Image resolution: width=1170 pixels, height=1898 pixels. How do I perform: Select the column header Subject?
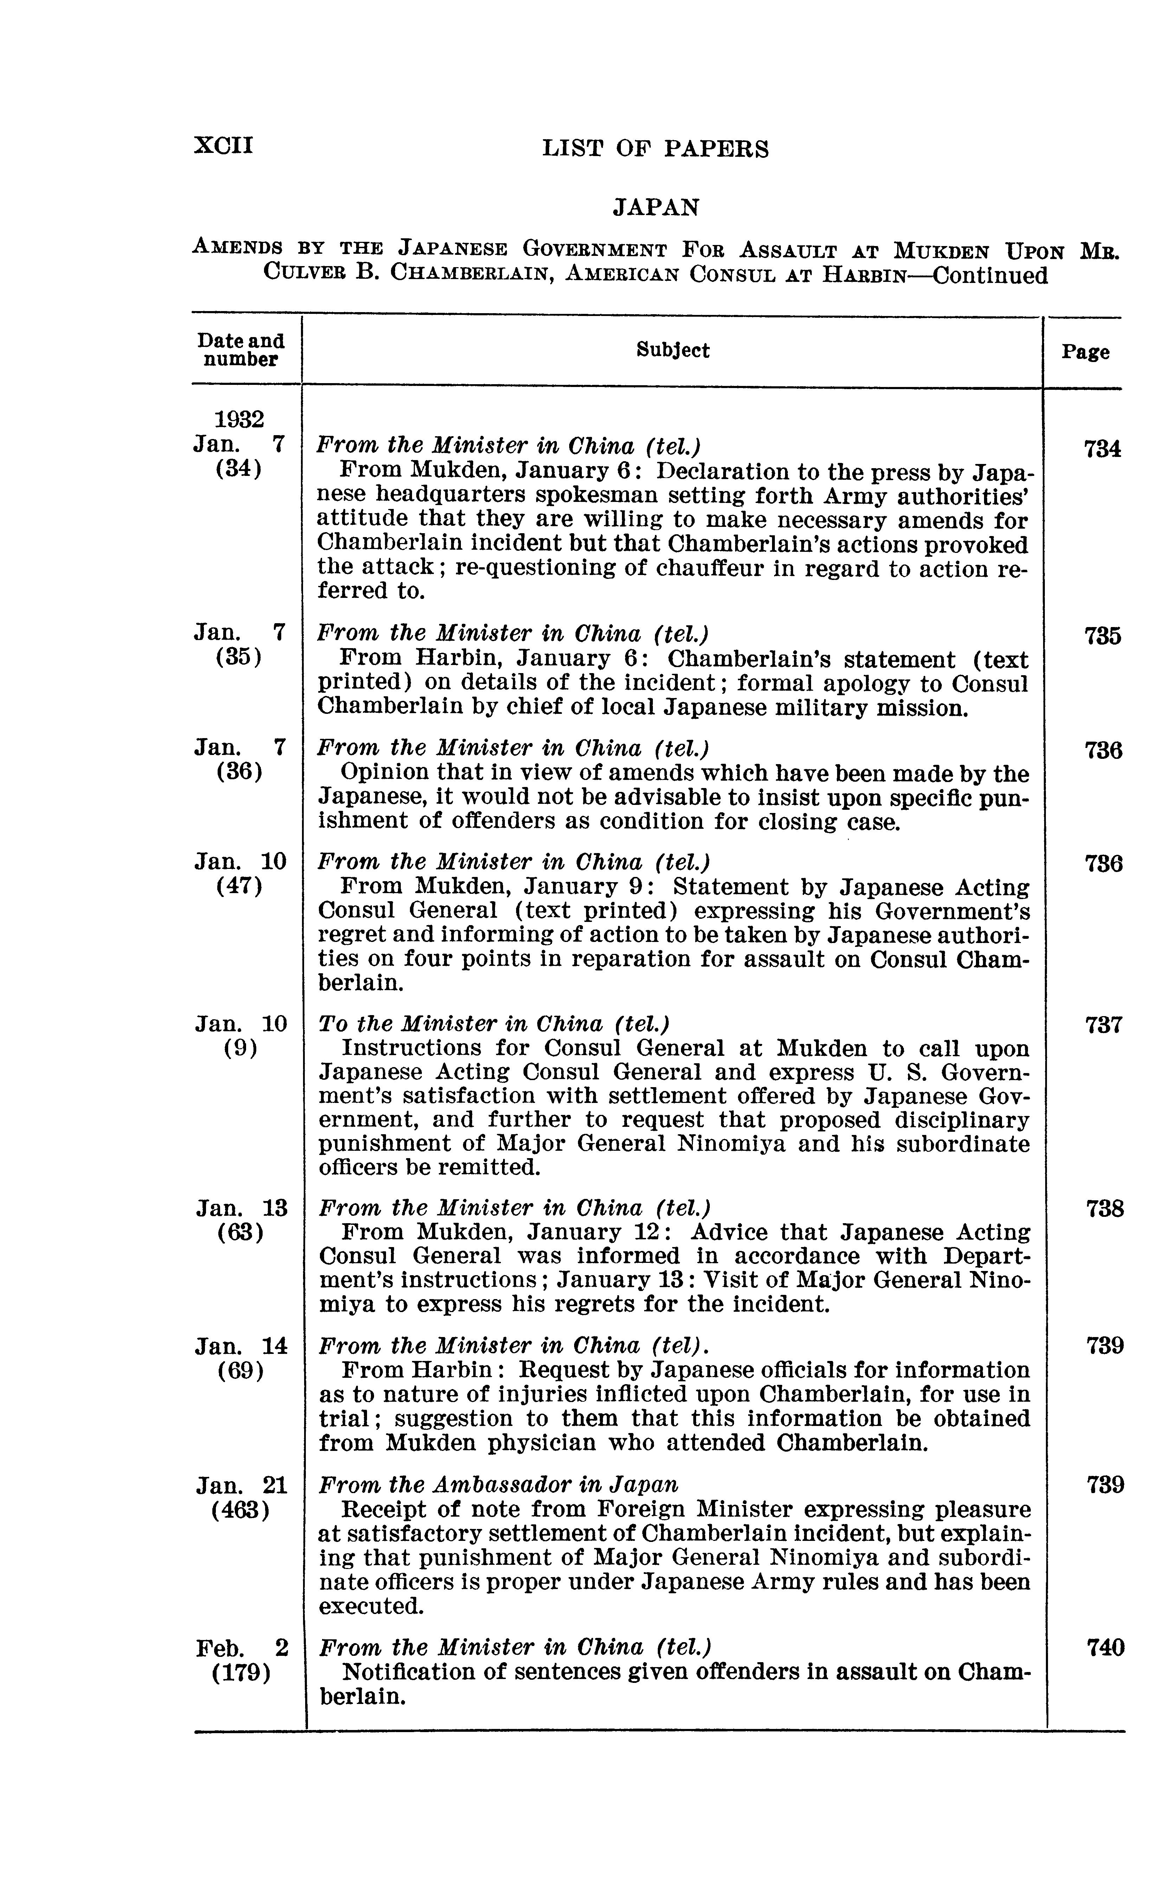point(673,350)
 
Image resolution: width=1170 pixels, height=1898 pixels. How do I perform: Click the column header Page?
point(1085,353)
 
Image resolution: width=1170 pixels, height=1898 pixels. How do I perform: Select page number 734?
point(1102,448)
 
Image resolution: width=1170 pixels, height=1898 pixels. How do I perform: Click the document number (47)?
point(240,886)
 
